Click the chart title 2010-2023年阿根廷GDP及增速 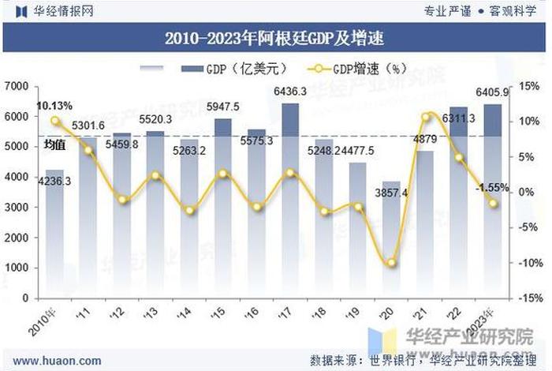point(275,37)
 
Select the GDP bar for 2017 point(290,201)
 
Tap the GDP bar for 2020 point(392,240)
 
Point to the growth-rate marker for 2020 point(392,263)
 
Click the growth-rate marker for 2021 point(426,118)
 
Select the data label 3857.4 point(392,193)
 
